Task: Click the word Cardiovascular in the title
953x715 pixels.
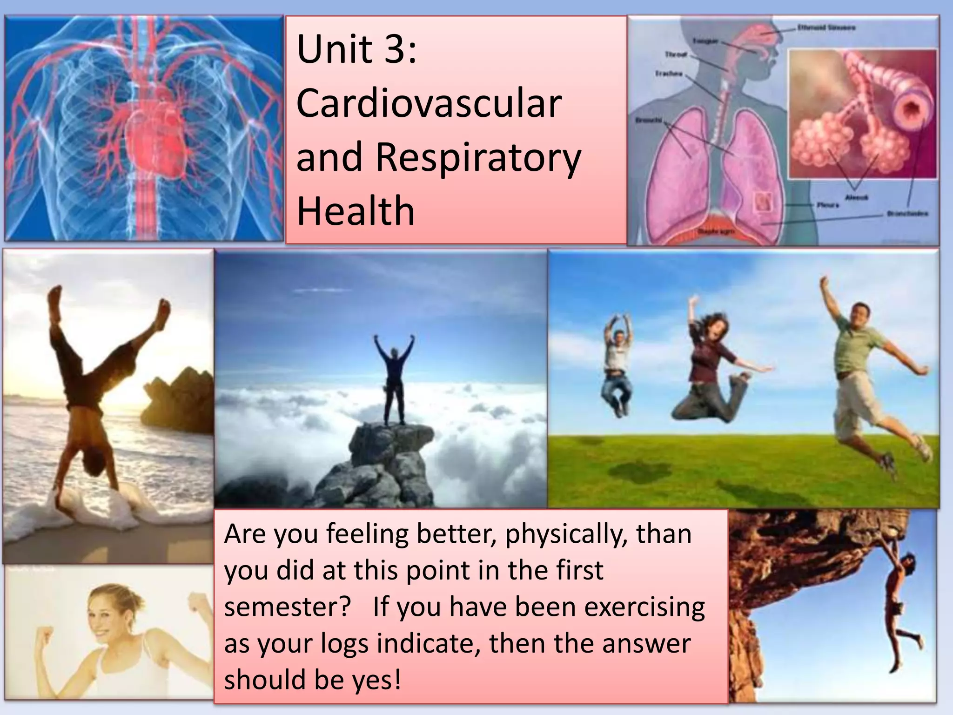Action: pos(429,103)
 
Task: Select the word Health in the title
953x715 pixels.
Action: pos(355,211)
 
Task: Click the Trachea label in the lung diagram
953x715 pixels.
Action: pos(669,74)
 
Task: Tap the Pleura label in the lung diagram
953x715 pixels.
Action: pos(828,205)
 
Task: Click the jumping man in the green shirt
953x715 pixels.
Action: pos(861,372)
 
